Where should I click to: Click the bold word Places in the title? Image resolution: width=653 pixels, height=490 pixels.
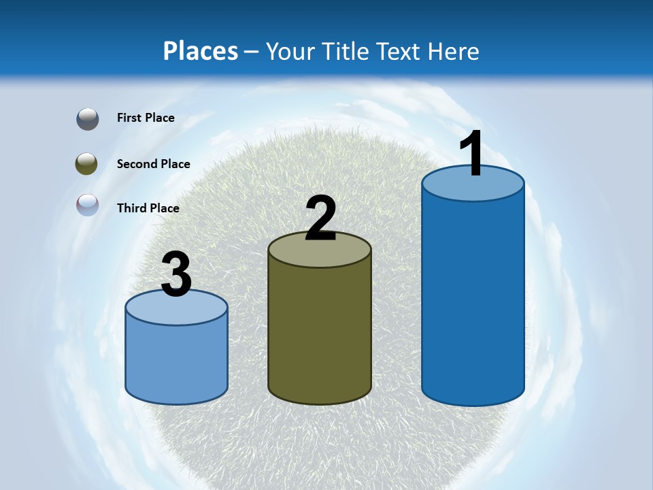click(x=201, y=51)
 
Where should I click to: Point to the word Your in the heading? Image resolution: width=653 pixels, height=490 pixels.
click(x=290, y=51)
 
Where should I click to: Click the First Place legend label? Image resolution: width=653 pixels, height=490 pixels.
click(x=146, y=118)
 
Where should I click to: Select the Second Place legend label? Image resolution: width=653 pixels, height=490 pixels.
click(x=153, y=164)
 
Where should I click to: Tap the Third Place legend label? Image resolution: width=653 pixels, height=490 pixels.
click(x=148, y=208)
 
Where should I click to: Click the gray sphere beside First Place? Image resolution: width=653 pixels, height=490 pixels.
click(x=88, y=119)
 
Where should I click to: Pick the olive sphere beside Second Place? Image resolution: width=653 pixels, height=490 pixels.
click(x=87, y=163)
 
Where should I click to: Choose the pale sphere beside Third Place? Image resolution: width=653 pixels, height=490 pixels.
click(x=87, y=205)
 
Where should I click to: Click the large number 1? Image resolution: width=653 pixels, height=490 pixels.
click(x=472, y=155)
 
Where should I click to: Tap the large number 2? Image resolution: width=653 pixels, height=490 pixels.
click(x=320, y=218)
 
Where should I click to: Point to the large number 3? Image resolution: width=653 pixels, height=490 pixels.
click(x=176, y=274)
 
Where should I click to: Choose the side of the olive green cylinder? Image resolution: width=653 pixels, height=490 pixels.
click(x=320, y=333)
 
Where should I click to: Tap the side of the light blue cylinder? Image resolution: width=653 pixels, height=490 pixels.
click(x=176, y=361)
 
